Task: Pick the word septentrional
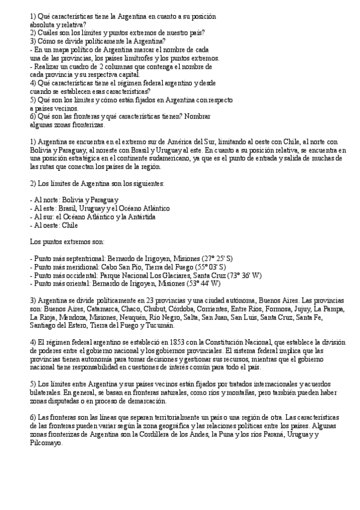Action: (83, 258)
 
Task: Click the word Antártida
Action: (139, 216)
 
